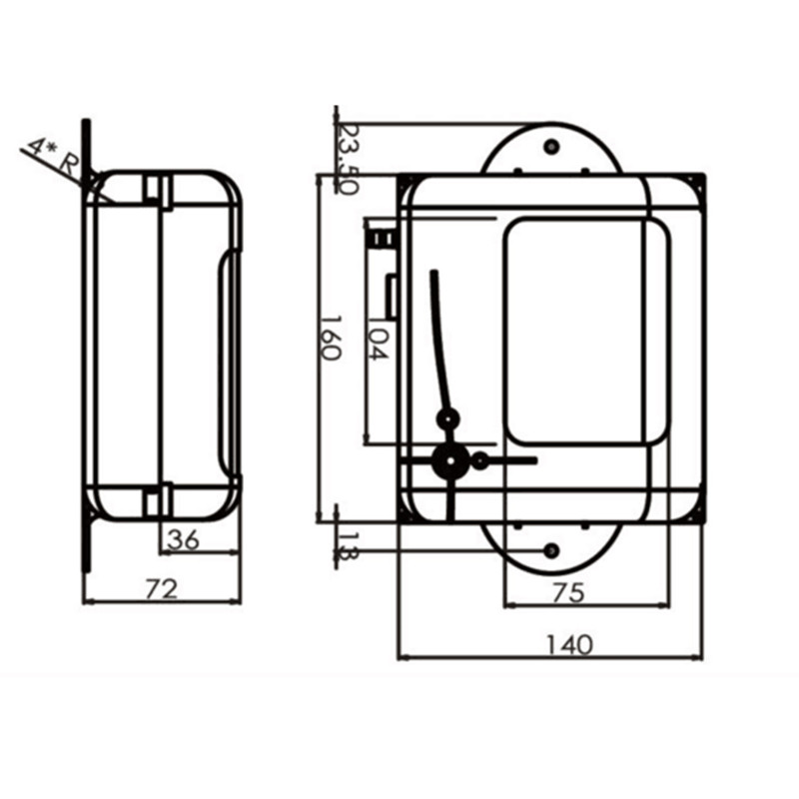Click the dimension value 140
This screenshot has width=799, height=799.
(x=569, y=643)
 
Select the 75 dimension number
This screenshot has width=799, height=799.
(x=567, y=592)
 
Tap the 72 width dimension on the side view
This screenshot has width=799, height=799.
(x=162, y=589)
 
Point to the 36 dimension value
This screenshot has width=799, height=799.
(x=183, y=539)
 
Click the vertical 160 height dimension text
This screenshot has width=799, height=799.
(x=332, y=340)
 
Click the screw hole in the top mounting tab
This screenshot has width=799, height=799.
(x=551, y=147)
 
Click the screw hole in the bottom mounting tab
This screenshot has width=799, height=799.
(x=551, y=550)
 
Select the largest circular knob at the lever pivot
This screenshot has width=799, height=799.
(x=448, y=460)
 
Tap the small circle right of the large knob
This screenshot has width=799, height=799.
(x=480, y=460)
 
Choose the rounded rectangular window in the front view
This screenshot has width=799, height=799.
(x=586, y=332)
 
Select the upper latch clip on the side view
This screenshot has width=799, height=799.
(x=156, y=190)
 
